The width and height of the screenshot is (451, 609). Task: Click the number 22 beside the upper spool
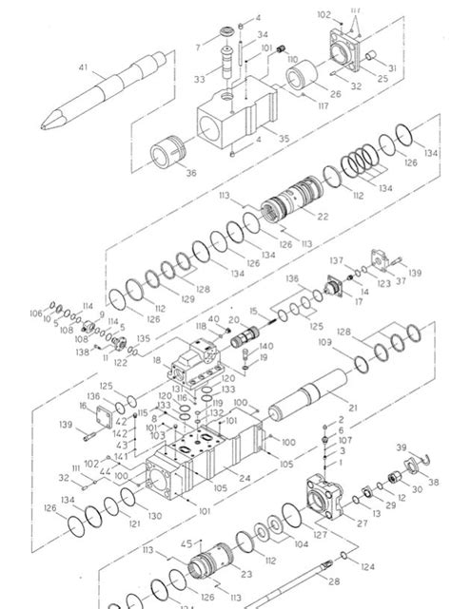pyautogui.click(x=324, y=218)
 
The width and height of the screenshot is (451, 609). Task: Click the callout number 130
pyautogui.click(x=155, y=514)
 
